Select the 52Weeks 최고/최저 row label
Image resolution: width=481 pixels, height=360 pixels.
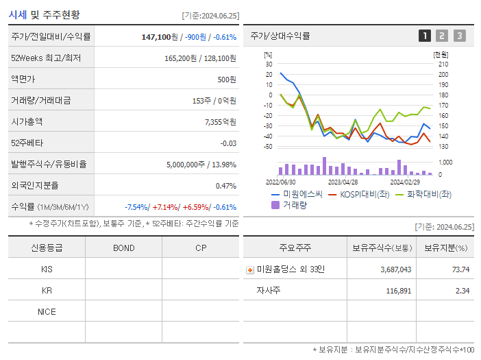(46, 58)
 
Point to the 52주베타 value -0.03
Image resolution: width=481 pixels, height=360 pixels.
(227, 143)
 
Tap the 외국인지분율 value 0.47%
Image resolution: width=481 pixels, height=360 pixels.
(226, 186)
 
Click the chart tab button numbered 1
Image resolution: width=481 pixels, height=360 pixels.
(425, 36)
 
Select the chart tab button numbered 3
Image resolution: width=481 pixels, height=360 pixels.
(459, 36)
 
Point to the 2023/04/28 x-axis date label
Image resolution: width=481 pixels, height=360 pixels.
(343, 182)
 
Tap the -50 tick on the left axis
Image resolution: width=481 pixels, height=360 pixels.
(269, 146)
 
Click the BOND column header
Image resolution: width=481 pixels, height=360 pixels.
(123, 248)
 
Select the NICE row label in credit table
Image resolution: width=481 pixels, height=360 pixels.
(47, 311)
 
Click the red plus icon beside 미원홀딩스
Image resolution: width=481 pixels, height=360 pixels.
(250, 269)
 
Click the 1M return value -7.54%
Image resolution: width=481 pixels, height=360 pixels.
(137, 207)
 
